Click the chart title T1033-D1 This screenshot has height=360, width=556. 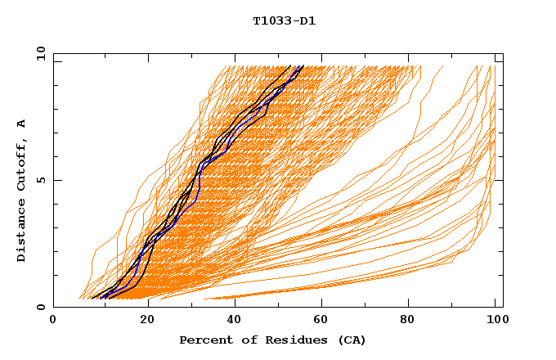284,20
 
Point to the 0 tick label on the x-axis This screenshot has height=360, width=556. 53,321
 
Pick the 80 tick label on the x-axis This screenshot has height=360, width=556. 410,321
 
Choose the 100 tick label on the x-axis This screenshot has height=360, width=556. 495,321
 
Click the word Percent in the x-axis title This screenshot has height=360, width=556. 204,340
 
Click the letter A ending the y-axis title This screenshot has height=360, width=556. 22,124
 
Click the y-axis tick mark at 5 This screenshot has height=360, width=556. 56,180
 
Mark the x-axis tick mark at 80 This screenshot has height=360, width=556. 410,304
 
